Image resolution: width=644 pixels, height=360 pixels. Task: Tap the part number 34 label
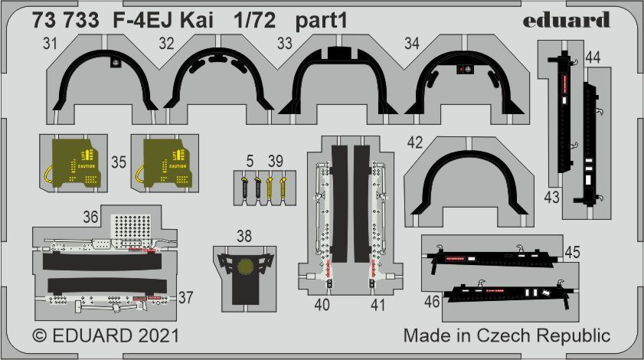(412, 44)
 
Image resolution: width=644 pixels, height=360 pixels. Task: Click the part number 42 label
(414, 143)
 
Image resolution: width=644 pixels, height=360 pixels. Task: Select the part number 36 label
(91, 218)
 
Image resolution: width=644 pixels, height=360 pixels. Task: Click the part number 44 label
(592, 57)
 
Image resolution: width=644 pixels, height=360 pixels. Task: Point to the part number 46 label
(431, 302)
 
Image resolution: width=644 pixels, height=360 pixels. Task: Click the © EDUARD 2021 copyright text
(106, 336)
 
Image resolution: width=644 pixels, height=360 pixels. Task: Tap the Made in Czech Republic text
(506, 336)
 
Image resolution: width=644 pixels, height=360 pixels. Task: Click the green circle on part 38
(244, 267)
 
